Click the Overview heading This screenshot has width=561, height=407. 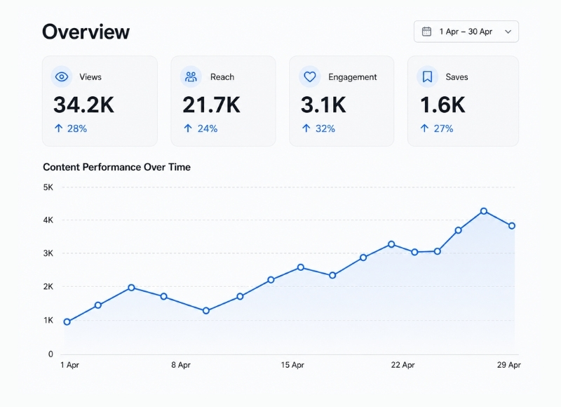[x=86, y=32]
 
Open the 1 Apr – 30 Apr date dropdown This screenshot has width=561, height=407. [x=466, y=32]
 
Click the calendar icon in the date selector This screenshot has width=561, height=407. [x=426, y=32]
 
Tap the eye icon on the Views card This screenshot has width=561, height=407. [x=62, y=76]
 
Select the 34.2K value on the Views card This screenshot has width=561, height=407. [x=83, y=105]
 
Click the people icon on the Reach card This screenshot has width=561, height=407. [x=191, y=76]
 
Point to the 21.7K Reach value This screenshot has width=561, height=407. [x=211, y=105]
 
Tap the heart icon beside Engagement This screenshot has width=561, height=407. [x=310, y=76]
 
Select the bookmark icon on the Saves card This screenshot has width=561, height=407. [x=427, y=76]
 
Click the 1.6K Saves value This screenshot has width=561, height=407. [x=442, y=105]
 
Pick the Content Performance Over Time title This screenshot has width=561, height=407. [x=116, y=167]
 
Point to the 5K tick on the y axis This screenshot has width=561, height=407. [x=48, y=187]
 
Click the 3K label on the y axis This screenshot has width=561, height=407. [x=48, y=253]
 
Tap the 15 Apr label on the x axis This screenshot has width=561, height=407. [x=292, y=365]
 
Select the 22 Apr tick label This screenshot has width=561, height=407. [x=403, y=365]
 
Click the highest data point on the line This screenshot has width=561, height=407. [x=484, y=211]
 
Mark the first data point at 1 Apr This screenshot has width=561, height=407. [x=67, y=322]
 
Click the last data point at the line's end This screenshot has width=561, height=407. [x=512, y=226]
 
